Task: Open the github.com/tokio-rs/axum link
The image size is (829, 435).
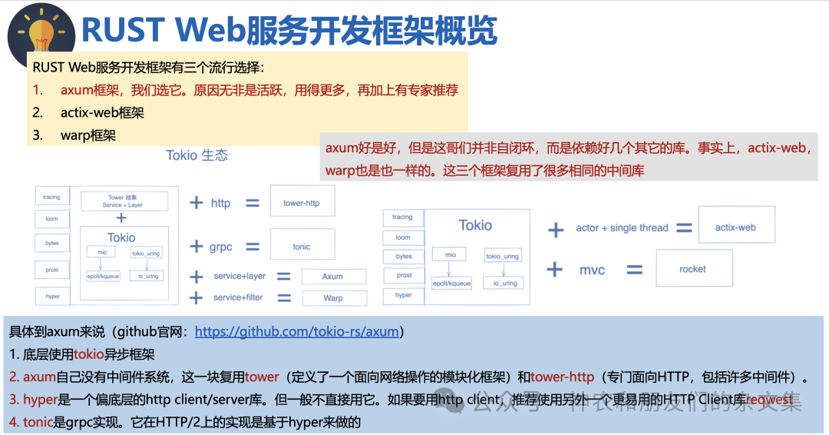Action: click(x=299, y=333)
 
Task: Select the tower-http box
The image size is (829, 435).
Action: click(x=302, y=204)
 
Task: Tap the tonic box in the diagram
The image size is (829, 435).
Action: click(x=302, y=247)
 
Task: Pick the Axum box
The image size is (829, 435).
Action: click(x=332, y=277)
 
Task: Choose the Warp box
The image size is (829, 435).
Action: click(x=333, y=298)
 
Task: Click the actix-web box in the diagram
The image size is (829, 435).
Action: click(x=736, y=227)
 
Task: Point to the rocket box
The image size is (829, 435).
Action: click(x=692, y=269)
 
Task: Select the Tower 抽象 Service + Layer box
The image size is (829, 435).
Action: click(x=124, y=201)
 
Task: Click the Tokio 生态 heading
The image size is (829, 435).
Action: click(x=197, y=155)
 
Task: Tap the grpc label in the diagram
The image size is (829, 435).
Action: click(x=221, y=247)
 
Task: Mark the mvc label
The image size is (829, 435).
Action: click(x=592, y=270)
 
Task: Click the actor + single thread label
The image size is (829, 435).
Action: click(x=622, y=228)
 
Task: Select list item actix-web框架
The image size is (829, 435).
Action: click(x=102, y=113)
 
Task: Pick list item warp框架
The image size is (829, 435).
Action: click(x=88, y=135)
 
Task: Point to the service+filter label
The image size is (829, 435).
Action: click(x=239, y=297)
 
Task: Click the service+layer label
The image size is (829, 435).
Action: click(x=239, y=277)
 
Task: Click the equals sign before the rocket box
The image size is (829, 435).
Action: click(x=634, y=270)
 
